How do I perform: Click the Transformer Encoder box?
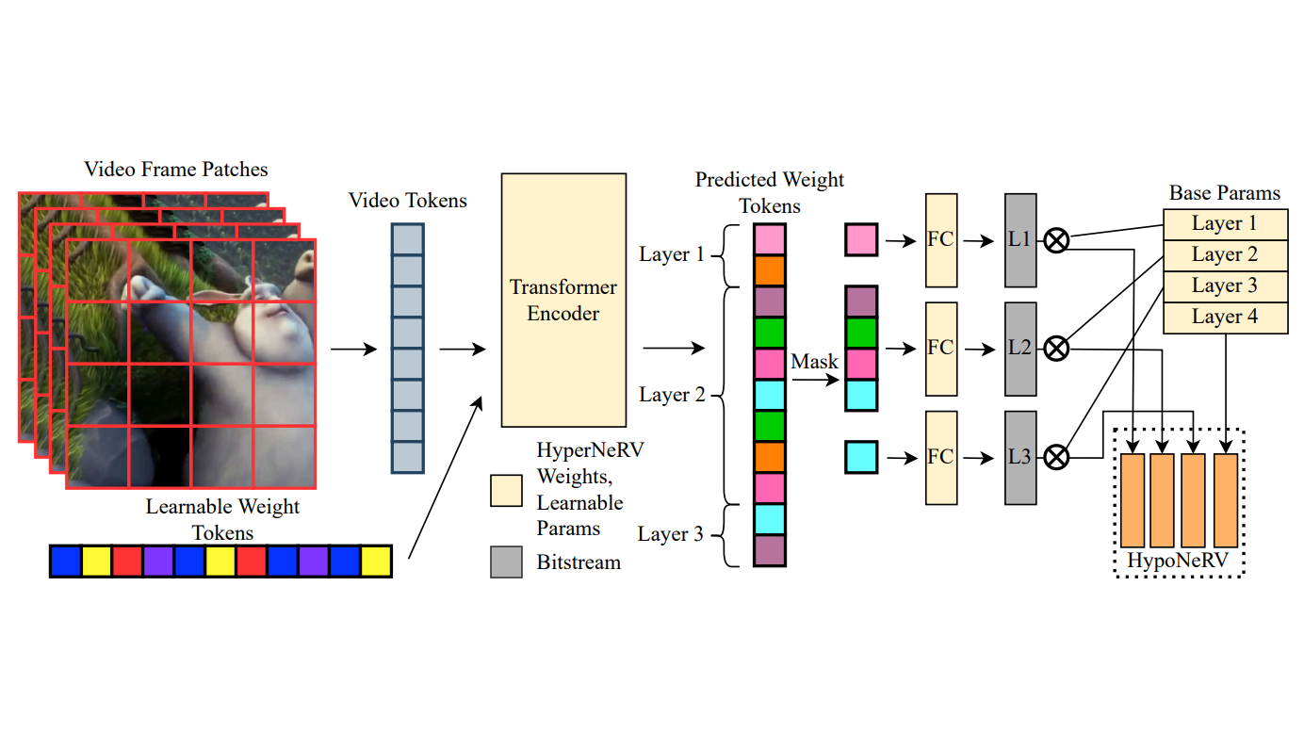[563, 300]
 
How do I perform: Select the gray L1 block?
[1020, 240]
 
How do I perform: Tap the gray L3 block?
[1020, 457]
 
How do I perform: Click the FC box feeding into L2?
[941, 349]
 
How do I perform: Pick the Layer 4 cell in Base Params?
[1225, 318]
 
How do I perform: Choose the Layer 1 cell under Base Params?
[1225, 224]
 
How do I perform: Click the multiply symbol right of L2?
[1057, 350]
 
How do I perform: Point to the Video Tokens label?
[408, 201]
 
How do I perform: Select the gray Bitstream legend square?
[506, 562]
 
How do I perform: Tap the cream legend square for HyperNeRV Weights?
[506, 490]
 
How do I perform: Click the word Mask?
[814, 362]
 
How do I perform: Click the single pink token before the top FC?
[861, 240]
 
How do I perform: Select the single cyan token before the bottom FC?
[861, 457]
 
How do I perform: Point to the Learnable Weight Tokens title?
[222, 519]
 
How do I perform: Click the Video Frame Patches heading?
[176, 170]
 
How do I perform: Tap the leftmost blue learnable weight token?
[66, 561]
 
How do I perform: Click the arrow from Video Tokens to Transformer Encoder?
[462, 349]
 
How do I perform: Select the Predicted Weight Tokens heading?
[770, 192]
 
